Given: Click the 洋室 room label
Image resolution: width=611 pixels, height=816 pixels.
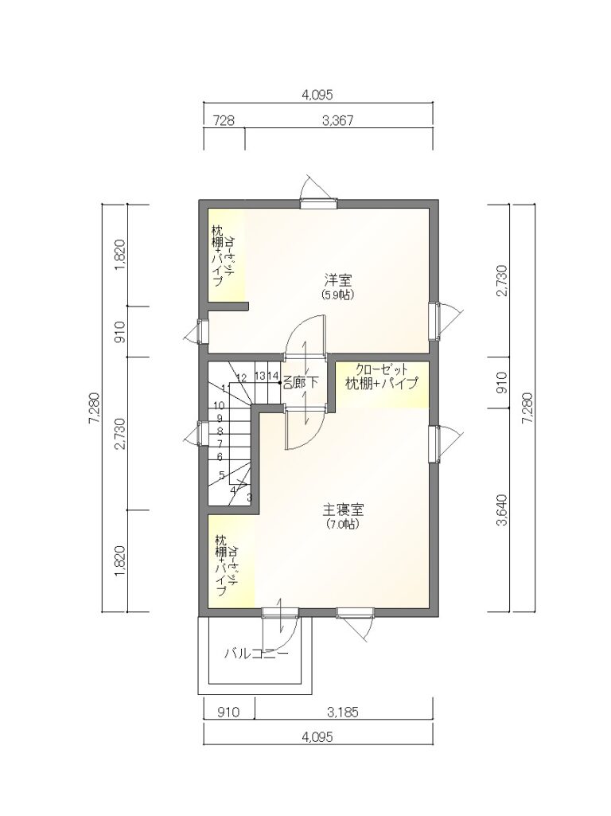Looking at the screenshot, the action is [338, 281].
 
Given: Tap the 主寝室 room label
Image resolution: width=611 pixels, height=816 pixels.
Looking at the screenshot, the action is [343, 509].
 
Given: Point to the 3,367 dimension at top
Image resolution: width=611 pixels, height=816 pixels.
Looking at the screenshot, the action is [338, 121].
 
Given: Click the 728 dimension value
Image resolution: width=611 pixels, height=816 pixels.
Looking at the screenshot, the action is [224, 121].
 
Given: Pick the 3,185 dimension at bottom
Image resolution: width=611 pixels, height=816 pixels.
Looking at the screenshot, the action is [343, 712].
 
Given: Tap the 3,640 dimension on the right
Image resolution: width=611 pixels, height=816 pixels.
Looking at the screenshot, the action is [502, 510].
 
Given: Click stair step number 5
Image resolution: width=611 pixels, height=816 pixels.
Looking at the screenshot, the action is [221, 475].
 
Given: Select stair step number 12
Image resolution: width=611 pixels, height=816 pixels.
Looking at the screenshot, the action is [241, 377].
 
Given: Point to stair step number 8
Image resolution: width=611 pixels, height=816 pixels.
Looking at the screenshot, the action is [220, 431].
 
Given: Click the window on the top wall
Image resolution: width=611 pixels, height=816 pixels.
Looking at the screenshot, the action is [318, 204].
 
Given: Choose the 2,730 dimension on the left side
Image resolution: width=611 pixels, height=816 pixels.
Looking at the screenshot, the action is [120, 433].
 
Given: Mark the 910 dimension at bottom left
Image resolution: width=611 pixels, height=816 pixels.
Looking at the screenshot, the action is [228, 712].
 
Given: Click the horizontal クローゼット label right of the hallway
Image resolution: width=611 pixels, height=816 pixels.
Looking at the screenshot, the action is [382, 371].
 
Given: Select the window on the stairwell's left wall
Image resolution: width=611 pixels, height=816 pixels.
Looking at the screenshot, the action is [203, 434].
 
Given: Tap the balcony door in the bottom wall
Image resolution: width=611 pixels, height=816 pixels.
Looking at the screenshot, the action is [280, 612].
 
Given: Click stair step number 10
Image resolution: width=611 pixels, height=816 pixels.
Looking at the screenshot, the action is [219, 405].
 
